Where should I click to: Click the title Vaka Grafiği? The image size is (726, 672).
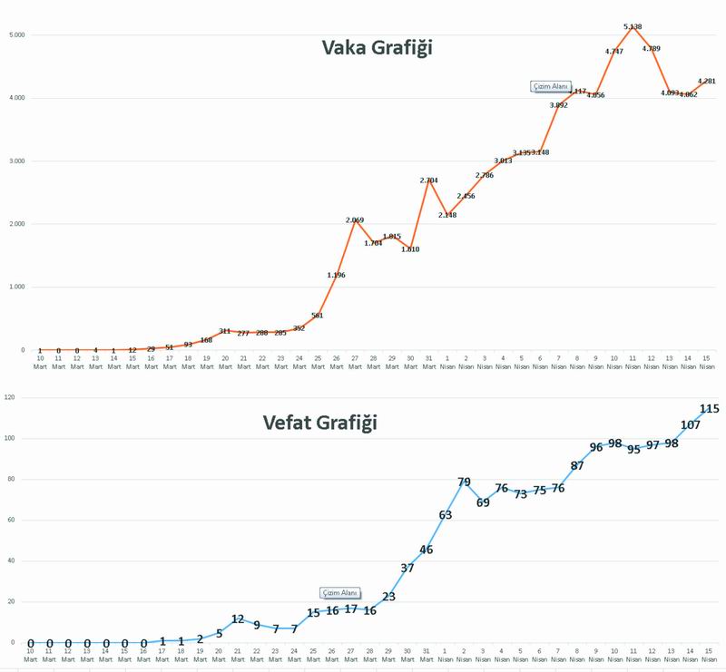coord(377,48)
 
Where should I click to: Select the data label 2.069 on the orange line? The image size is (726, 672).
coord(354,220)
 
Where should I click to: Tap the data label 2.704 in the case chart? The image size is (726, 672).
coord(429,180)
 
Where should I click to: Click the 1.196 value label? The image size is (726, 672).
coord(336,275)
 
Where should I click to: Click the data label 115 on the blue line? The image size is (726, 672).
coord(710,409)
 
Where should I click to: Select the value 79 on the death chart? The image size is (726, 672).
coord(465,482)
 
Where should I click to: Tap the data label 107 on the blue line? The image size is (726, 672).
coord(691,425)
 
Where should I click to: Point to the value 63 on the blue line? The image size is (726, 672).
coord(446,514)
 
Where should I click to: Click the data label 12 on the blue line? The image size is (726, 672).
coord(238,619)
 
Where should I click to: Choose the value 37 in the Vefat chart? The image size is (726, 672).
coord(407,568)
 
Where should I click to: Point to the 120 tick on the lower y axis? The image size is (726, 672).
coord(12,397)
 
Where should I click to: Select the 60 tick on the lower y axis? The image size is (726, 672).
coord(13,520)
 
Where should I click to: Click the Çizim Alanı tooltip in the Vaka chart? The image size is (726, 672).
coord(549,86)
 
